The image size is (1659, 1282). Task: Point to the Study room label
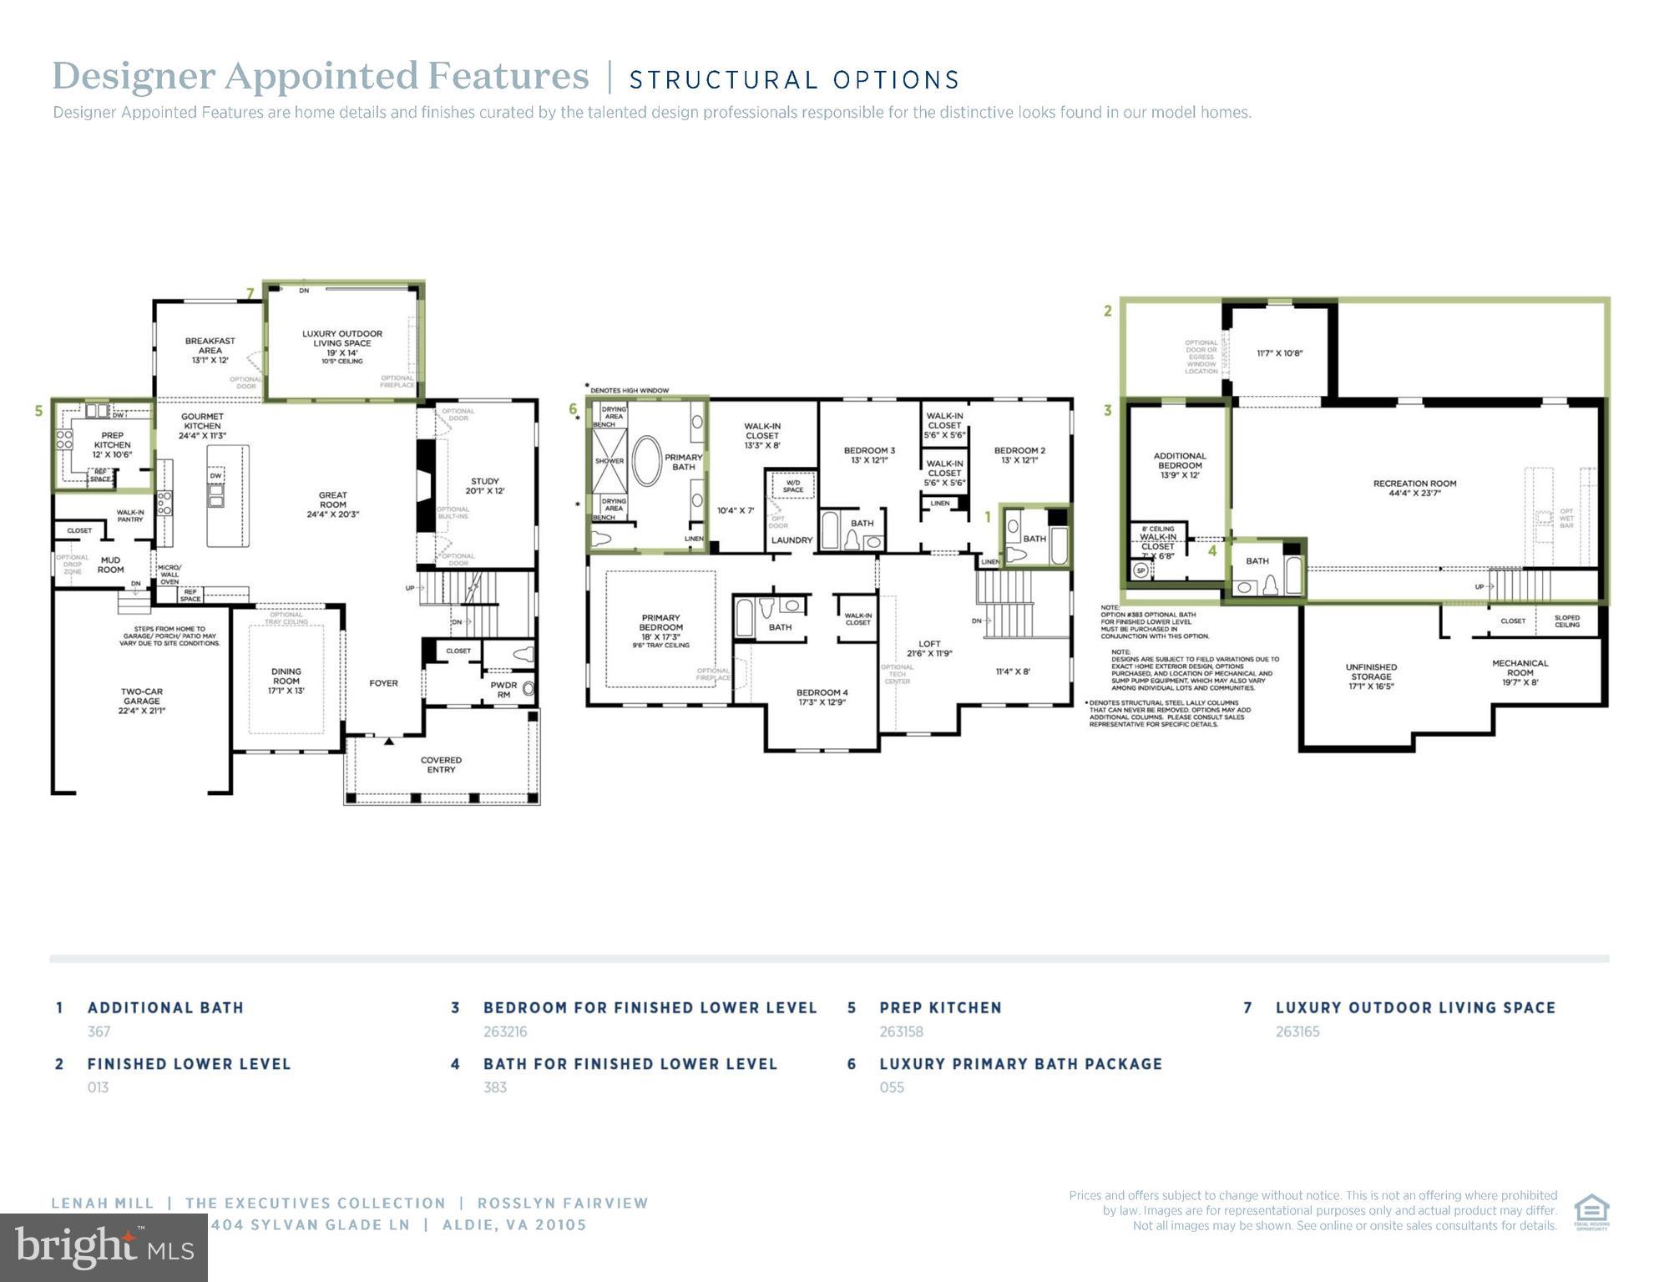click(484, 486)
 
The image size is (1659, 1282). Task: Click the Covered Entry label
click(441, 764)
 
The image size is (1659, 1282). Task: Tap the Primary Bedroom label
click(660, 626)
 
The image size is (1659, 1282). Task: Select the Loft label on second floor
click(929, 648)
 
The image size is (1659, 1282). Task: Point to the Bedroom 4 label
click(822, 697)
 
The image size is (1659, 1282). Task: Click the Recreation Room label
click(1414, 488)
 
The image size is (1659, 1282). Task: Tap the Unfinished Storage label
click(1370, 676)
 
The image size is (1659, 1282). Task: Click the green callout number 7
click(250, 293)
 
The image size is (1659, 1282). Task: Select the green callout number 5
click(38, 411)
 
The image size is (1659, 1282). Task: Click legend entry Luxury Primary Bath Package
click(1020, 1064)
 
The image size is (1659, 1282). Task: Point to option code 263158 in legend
click(901, 1031)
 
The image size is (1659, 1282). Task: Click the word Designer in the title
click(134, 76)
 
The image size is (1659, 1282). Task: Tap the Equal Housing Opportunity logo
click(1591, 1212)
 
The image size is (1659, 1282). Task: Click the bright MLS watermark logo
click(104, 1247)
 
